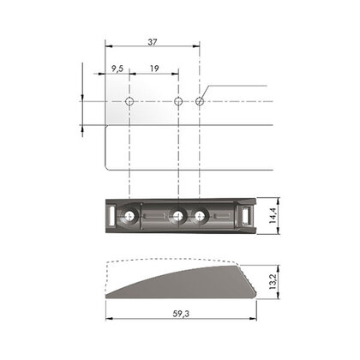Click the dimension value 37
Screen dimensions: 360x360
[153, 42]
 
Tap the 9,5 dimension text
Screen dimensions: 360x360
[117, 69]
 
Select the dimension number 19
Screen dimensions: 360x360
[154, 69]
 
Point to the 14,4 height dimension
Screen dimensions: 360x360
[273, 215]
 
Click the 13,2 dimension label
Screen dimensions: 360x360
[273, 282]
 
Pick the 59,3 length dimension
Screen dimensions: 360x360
[181, 314]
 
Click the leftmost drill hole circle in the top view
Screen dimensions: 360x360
[129, 101]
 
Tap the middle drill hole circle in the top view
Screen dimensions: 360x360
[178, 101]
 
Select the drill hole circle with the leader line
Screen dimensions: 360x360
[200, 101]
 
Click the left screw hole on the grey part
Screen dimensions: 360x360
[129, 215]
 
